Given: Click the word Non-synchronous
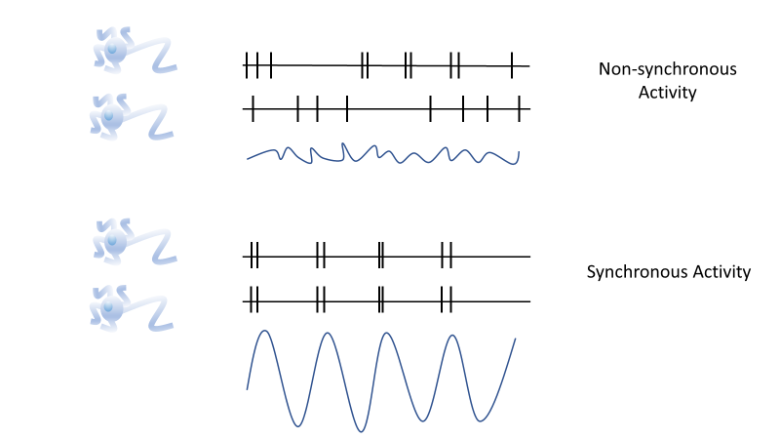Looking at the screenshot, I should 667,69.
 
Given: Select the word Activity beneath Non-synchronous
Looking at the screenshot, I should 667,93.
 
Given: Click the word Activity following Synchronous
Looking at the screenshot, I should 718,271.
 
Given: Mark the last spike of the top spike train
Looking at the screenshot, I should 512,65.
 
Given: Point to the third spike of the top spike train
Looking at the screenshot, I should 270,65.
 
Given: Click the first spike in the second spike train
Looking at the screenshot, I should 253,109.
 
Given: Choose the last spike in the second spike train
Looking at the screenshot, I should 519,109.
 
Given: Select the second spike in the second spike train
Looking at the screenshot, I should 298,109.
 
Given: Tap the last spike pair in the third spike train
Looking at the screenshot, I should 447,255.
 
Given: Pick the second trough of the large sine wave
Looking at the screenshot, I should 361,430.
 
